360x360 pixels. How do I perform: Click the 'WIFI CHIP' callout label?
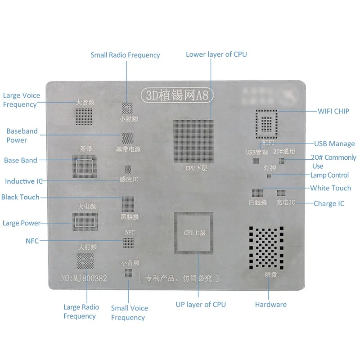(x=333, y=111)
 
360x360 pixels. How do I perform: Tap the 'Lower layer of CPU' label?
(x=216, y=54)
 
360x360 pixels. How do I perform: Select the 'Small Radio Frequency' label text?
(x=125, y=55)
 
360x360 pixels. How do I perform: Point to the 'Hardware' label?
(x=270, y=305)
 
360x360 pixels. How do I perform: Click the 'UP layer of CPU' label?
(x=201, y=304)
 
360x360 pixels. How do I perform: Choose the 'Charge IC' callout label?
(x=329, y=203)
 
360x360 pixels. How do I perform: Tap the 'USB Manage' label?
(x=334, y=144)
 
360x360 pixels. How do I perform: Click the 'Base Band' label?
(x=21, y=160)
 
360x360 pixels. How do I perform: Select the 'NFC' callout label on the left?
(x=32, y=241)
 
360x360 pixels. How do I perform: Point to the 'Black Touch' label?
(x=20, y=197)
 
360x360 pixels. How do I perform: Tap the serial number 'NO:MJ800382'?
(x=84, y=279)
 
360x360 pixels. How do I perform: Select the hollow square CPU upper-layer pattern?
(x=193, y=234)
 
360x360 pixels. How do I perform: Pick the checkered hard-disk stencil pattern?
(x=265, y=247)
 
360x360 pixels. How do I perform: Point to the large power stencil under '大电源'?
(x=85, y=222)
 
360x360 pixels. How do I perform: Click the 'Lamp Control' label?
(x=329, y=175)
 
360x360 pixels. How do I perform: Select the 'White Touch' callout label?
(x=330, y=188)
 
